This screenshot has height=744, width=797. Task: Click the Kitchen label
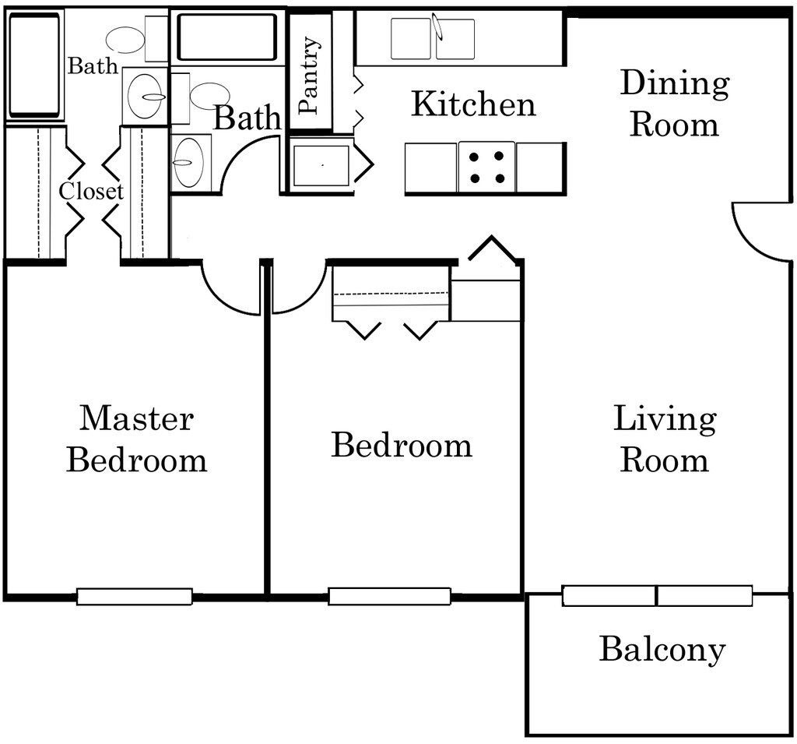[x=473, y=104]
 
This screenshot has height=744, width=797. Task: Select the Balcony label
[x=662, y=650]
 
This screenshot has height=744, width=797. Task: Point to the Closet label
[x=91, y=192]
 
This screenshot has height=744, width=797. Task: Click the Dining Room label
[x=675, y=104]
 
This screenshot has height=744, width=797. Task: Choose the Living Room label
[x=665, y=439]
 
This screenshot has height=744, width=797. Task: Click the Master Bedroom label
[x=137, y=439]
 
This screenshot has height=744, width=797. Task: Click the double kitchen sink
[x=433, y=39]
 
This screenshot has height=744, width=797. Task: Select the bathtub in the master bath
[x=33, y=65]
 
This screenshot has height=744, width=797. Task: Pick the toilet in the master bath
[x=135, y=39]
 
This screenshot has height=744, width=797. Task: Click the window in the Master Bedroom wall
[x=134, y=597]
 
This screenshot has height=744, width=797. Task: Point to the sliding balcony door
[x=657, y=595]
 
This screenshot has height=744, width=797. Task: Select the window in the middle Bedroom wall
[x=389, y=596]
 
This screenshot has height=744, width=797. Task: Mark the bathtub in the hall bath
[x=227, y=37]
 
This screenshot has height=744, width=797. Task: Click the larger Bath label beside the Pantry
[x=247, y=118]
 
